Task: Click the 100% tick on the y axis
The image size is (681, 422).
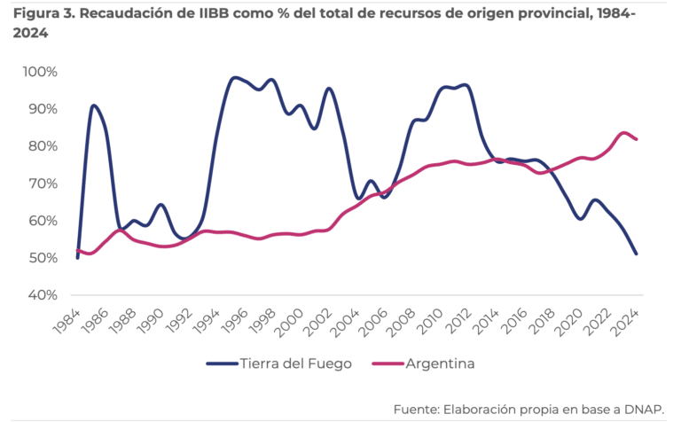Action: pyautogui.click(x=40, y=72)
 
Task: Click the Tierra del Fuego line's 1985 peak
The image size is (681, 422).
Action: pyautogui.click(x=93, y=105)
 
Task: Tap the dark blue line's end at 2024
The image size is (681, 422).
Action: pyautogui.click(x=637, y=254)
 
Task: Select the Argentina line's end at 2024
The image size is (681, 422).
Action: pyautogui.click(x=637, y=139)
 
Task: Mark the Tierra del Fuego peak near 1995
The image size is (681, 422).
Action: pyautogui.click(x=233, y=78)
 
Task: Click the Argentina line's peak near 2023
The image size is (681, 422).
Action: pyautogui.click(x=624, y=133)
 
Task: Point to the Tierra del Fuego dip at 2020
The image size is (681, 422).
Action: pyautogui.click(x=581, y=218)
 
